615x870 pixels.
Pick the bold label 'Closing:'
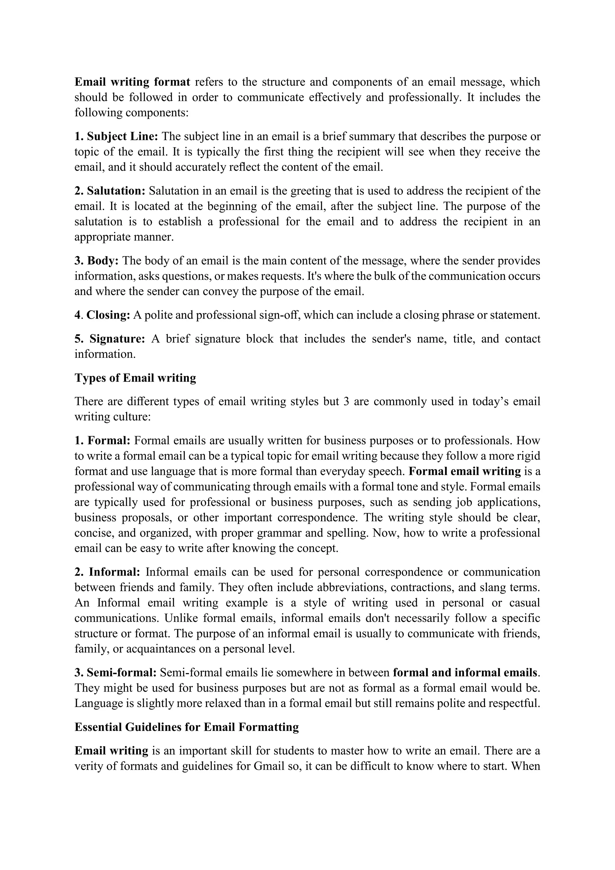coord(108,315)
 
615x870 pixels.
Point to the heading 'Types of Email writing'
coord(135,378)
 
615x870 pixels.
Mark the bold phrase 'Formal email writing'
coord(465,471)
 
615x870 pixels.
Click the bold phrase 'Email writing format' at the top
coord(132,82)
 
